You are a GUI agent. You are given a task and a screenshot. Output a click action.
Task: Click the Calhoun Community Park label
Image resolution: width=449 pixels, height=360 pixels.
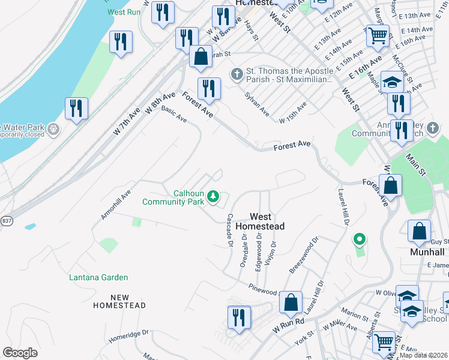[x=173, y=197]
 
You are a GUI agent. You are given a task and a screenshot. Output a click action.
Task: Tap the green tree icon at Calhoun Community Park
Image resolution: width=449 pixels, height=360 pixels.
[x=213, y=196]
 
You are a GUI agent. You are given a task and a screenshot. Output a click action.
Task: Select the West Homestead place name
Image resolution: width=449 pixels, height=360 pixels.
[x=260, y=221]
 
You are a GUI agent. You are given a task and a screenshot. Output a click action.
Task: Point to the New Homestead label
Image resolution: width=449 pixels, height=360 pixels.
[x=120, y=301]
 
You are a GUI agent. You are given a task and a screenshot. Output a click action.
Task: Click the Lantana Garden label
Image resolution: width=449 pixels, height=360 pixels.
[x=98, y=277]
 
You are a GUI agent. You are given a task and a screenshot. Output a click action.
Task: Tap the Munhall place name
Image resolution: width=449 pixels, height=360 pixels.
[x=429, y=252]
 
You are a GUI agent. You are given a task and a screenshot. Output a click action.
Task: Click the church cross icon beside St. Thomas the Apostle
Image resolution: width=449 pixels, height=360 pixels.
[x=237, y=74]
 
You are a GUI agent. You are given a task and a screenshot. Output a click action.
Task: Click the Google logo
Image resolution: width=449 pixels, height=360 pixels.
[x=20, y=353]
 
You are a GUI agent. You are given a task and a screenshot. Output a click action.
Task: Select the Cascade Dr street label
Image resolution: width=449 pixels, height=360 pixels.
[x=229, y=230]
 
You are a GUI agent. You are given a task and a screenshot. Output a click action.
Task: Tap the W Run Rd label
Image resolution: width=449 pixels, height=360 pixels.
[x=289, y=326]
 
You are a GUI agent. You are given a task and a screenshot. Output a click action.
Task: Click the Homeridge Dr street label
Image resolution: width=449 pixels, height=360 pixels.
[x=128, y=337]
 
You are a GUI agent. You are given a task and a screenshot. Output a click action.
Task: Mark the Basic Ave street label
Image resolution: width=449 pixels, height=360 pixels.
[x=174, y=115]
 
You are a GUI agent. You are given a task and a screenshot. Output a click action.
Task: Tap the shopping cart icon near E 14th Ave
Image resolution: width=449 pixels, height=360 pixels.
[x=378, y=35]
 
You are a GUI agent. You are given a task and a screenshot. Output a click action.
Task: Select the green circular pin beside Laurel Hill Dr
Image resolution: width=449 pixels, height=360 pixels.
[x=360, y=240]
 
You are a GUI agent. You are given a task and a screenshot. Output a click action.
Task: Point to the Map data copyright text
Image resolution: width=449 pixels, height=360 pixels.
[x=424, y=355]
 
